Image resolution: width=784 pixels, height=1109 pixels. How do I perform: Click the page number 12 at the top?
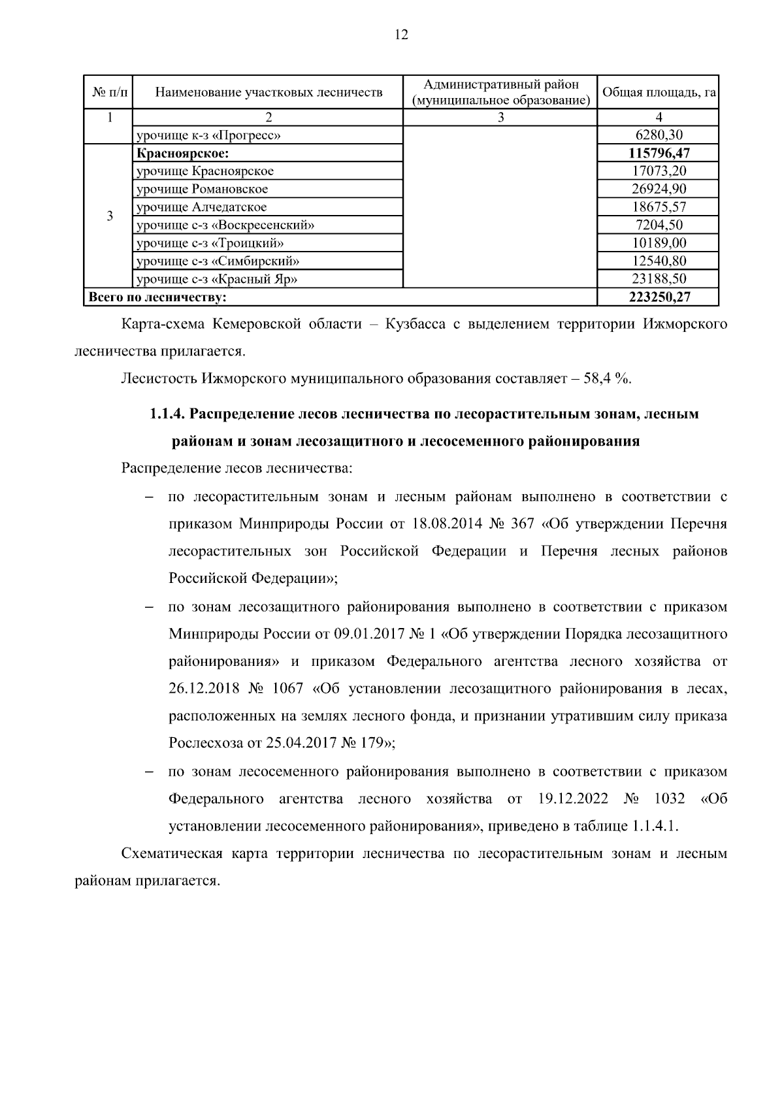coord(401,35)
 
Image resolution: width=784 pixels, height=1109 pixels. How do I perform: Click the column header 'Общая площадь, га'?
coord(658,92)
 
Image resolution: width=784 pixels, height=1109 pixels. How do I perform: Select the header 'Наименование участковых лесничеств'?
coord(269,92)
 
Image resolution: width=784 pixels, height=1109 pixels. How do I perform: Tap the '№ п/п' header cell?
coord(109,92)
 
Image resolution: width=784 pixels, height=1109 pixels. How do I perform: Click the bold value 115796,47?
coord(659,153)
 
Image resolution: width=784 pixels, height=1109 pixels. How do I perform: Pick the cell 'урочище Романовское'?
coord(202,189)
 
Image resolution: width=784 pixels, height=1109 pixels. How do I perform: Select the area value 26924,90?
coord(659,189)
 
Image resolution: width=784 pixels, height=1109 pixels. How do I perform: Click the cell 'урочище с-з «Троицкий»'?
coord(210,243)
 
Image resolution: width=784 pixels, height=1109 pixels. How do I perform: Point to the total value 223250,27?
coord(659,297)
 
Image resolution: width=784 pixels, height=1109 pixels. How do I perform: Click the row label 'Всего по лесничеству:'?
coord(157,297)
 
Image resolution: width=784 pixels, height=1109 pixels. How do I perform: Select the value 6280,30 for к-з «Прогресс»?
coord(659,135)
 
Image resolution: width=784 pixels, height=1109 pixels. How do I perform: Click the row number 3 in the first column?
coord(109,216)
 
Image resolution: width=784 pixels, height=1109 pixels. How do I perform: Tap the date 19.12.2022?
coord(573,799)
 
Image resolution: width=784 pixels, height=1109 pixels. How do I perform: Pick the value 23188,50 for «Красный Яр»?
coord(659,279)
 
